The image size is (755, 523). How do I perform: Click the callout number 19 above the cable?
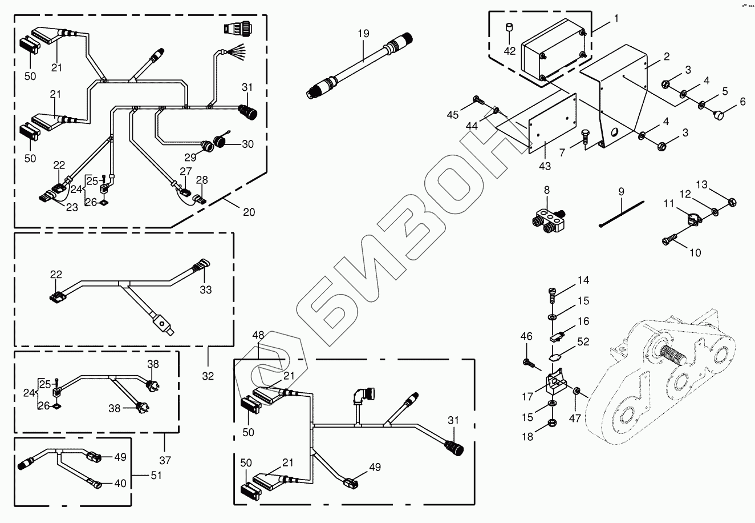364,34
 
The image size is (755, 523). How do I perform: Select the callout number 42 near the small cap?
510,51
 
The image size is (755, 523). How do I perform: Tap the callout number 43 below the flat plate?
545,166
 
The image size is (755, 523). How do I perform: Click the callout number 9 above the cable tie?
621,190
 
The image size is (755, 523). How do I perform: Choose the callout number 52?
583,342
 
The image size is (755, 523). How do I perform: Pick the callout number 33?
205,290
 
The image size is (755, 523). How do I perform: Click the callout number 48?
259,335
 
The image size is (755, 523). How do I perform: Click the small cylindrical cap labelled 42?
509,29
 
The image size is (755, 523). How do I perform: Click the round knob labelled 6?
720,116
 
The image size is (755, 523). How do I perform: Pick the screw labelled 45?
478,101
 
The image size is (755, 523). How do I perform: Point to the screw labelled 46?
527,362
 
